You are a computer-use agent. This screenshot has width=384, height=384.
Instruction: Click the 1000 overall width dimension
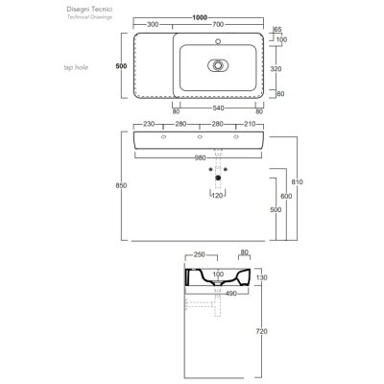(x=200, y=17)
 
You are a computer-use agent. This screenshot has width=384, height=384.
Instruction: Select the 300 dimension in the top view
(x=153, y=24)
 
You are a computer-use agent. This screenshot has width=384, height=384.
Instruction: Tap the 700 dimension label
(x=218, y=24)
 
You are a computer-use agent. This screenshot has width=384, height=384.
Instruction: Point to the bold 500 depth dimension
(x=121, y=66)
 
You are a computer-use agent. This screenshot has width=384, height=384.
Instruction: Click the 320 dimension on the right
(x=276, y=68)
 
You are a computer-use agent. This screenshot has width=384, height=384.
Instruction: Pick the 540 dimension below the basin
(x=218, y=108)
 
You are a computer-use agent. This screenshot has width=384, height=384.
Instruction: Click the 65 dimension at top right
(x=277, y=30)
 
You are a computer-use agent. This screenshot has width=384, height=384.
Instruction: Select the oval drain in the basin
(x=218, y=65)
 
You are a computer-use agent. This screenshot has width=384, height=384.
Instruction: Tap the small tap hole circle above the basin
(x=218, y=41)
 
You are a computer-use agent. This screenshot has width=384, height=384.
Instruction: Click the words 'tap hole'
(x=76, y=67)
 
